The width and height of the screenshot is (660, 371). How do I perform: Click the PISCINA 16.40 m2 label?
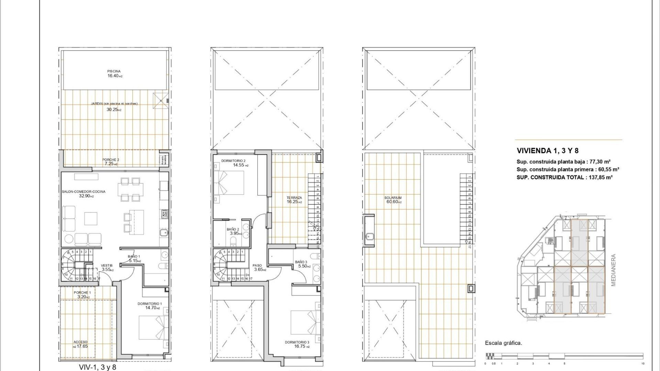tap(114, 74)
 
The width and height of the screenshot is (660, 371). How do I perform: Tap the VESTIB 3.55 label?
tap(107, 268)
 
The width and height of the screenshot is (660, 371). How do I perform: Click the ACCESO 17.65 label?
tap(80, 344)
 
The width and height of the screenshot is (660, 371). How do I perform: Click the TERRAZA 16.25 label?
tap(294, 200)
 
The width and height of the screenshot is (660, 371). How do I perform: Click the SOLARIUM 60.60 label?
tap(393, 200)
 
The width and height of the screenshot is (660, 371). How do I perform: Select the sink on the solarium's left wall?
tap(370, 236)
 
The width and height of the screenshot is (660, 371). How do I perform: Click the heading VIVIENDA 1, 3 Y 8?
tap(547, 151)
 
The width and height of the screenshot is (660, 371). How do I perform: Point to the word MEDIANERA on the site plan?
tap(614, 270)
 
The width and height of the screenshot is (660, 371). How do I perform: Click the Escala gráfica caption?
tap(503, 343)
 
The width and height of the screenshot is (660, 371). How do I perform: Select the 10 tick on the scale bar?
tap(642, 363)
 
